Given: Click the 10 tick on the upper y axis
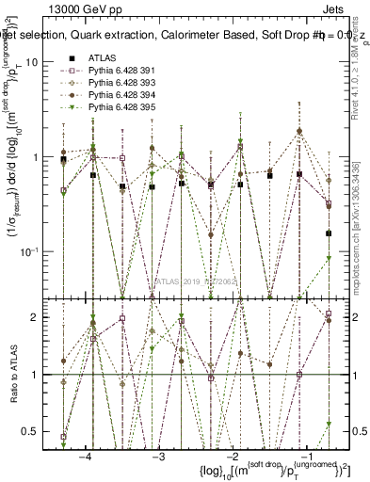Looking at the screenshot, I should (x=31, y=61).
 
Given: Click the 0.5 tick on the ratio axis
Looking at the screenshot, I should (x=31, y=431).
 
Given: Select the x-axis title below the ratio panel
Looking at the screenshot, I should (x=245, y=471).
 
